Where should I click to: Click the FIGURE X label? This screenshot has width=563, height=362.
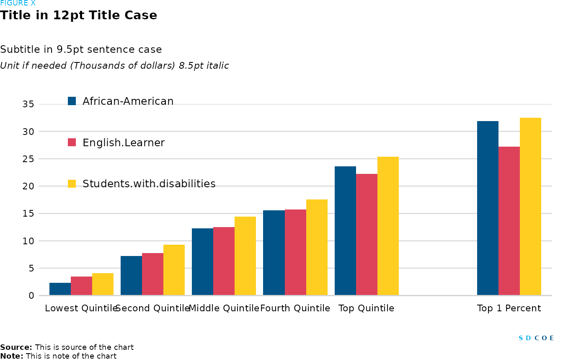pos(18,3)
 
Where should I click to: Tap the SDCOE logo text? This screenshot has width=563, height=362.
pos(536,338)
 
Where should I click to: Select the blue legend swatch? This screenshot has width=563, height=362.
pos(72,101)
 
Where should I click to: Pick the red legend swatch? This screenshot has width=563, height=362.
pos(72,142)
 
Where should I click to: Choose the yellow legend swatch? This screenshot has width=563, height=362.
pos(72,184)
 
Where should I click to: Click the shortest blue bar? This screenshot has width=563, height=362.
pos(60,289)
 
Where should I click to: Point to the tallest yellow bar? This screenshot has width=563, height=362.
pos(530,206)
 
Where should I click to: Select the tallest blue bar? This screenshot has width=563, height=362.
pos(488,208)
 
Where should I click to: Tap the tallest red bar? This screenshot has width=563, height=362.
pos(509,221)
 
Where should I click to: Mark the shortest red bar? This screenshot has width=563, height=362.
pos(81,286)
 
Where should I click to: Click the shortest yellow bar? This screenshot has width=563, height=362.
pos(103,284)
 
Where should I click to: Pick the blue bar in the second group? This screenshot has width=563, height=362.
pos(131,275)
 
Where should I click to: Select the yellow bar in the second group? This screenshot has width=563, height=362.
pos(174,270)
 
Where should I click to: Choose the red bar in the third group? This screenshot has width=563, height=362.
pos(224,261)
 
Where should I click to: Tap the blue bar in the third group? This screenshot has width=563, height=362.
pos(202,261)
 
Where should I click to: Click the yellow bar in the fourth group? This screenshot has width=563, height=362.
pos(317,247)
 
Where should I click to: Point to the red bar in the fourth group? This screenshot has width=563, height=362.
pos(295,252)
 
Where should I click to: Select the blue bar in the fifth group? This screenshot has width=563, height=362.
pos(345,230)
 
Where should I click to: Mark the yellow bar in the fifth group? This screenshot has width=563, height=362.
pos(388,226)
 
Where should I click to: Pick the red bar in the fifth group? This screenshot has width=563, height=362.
pos(367,234)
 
